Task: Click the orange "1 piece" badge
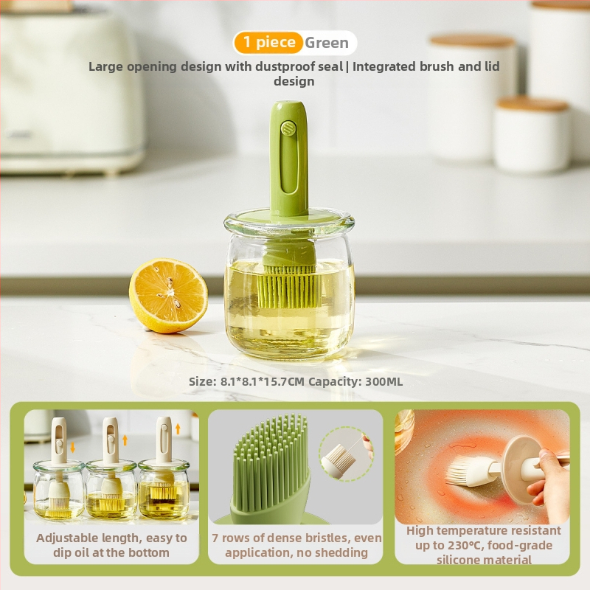268,43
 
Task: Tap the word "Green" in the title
327,43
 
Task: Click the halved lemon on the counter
168,296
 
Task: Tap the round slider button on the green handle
288,128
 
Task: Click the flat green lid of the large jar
289,216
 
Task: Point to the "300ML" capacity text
383,381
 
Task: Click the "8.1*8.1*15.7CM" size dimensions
262,381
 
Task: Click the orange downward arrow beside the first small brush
72,448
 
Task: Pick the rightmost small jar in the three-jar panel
164,489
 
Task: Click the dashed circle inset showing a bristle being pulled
345,454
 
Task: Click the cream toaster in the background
72,90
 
